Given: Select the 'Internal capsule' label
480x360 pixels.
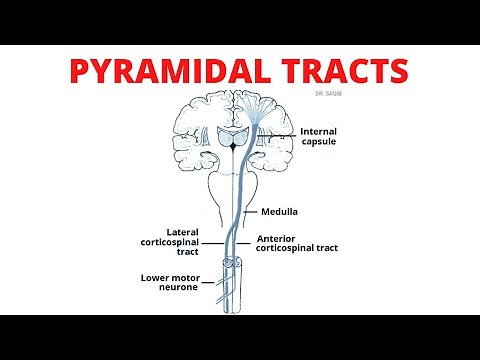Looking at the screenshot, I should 326,135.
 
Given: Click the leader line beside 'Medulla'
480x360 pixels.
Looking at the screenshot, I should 269,211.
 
